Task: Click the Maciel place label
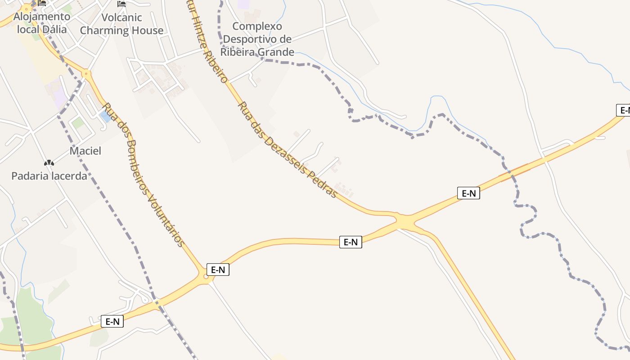coord(85,151)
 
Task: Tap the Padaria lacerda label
coord(49,175)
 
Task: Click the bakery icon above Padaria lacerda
coord(49,162)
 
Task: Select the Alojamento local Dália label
coord(42,23)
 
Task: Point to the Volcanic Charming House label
coord(121,24)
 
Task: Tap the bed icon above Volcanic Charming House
coord(121,4)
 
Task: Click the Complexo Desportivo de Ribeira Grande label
coord(257,39)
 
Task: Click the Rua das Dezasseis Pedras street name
coord(287,149)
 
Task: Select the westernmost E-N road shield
coord(112,321)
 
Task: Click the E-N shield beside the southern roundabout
coord(218,270)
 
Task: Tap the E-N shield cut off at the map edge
coord(623,110)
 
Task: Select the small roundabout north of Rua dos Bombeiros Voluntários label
coord(86,73)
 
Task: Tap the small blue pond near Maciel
coord(105,116)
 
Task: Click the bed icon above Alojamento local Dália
coord(42,3)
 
